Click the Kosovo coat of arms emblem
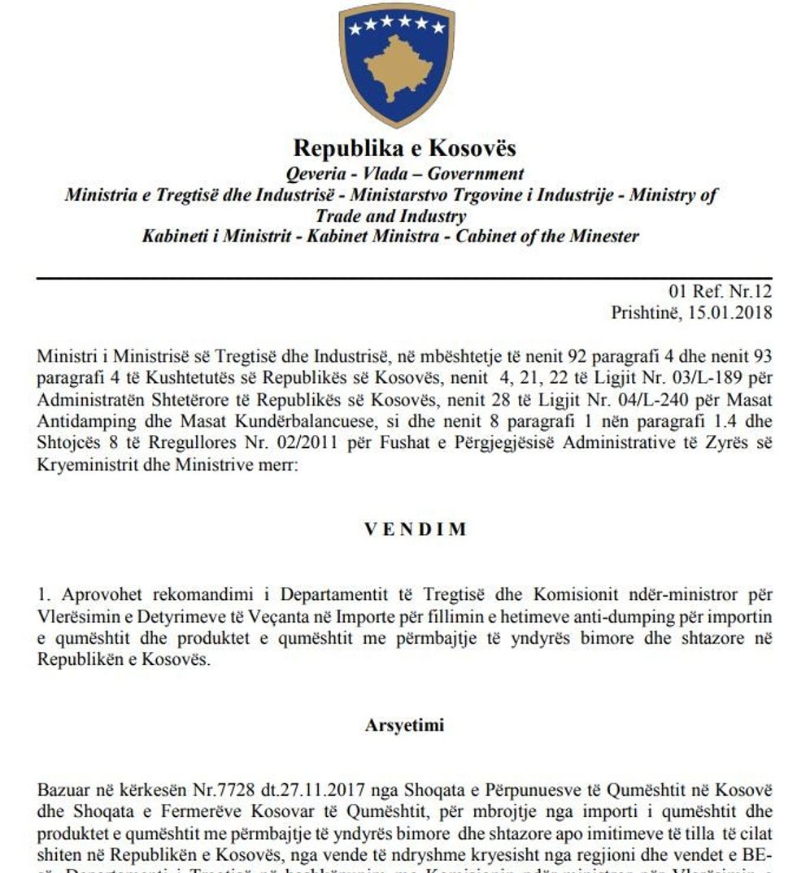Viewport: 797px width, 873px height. pyautogui.click(x=397, y=63)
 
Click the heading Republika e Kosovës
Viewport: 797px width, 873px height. pyautogui.click(x=404, y=149)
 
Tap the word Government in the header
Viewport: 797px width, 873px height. pyautogui.click(x=476, y=173)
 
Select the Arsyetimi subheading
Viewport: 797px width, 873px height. pyautogui.click(x=404, y=726)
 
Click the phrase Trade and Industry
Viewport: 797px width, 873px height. pyautogui.click(x=391, y=216)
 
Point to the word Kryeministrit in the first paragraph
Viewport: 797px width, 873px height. pyautogui.click(x=83, y=467)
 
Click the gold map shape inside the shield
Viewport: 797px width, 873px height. pyautogui.click(x=396, y=66)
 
